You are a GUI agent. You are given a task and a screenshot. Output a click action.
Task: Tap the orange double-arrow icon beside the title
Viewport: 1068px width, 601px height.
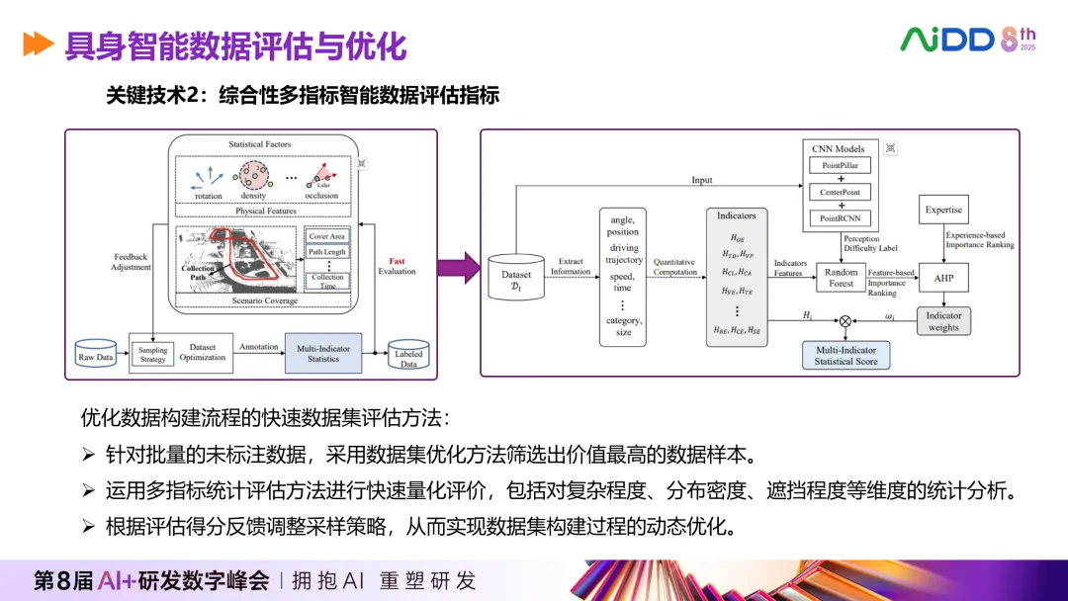pos(38,44)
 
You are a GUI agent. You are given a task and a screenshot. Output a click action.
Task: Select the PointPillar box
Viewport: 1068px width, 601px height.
pos(841,166)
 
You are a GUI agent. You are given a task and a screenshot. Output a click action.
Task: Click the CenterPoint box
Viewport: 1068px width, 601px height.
pos(841,192)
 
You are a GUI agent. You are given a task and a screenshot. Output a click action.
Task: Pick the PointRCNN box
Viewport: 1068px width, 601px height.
pos(841,217)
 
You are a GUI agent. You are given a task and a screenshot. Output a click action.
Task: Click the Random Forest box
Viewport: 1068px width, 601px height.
pos(841,278)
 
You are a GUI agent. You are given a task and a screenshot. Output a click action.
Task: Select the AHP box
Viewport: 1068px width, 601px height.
pos(943,278)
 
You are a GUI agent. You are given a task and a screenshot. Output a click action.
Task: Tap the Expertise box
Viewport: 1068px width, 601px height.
pos(943,210)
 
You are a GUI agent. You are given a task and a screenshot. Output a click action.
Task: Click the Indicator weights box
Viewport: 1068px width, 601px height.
pos(943,321)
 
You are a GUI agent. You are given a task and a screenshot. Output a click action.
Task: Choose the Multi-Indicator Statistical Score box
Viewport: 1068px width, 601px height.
pos(845,356)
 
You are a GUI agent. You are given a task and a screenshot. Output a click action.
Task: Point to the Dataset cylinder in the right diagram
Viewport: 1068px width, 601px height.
pos(515,280)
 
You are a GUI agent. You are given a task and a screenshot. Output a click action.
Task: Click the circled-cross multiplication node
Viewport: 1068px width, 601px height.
pos(845,320)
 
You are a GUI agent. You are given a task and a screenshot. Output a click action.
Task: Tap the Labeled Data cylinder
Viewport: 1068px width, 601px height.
pos(408,357)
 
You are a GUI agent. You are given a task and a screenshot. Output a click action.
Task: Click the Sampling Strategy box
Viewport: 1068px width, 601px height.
pos(152,355)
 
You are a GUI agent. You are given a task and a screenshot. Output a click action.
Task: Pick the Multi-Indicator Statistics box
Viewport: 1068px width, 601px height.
pos(323,353)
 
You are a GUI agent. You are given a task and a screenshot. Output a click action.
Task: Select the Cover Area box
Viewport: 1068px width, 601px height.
pos(326,237)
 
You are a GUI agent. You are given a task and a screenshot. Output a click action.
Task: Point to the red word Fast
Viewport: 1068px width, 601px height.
pos(397,260)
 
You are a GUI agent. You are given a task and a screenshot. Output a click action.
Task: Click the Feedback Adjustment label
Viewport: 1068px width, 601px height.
pos(131,261)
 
